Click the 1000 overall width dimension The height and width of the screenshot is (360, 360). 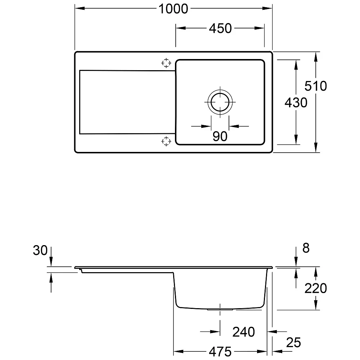(x=174, y=9)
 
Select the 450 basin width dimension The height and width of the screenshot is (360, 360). (x=220, y=28)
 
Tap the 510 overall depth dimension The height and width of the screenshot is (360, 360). (x=316, y=86)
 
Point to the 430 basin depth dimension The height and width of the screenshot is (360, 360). (x=296, y=103)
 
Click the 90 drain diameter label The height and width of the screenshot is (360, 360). (x=220, y=136)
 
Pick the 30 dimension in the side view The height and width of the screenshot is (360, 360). (x=40, y=250)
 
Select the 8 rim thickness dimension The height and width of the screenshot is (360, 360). (x=306, y=248)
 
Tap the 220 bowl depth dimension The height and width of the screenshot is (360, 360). (x=316, y=288)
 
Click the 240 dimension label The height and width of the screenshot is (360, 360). (x=244, y=332)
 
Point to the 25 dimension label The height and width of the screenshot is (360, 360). (x=293, y=343)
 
